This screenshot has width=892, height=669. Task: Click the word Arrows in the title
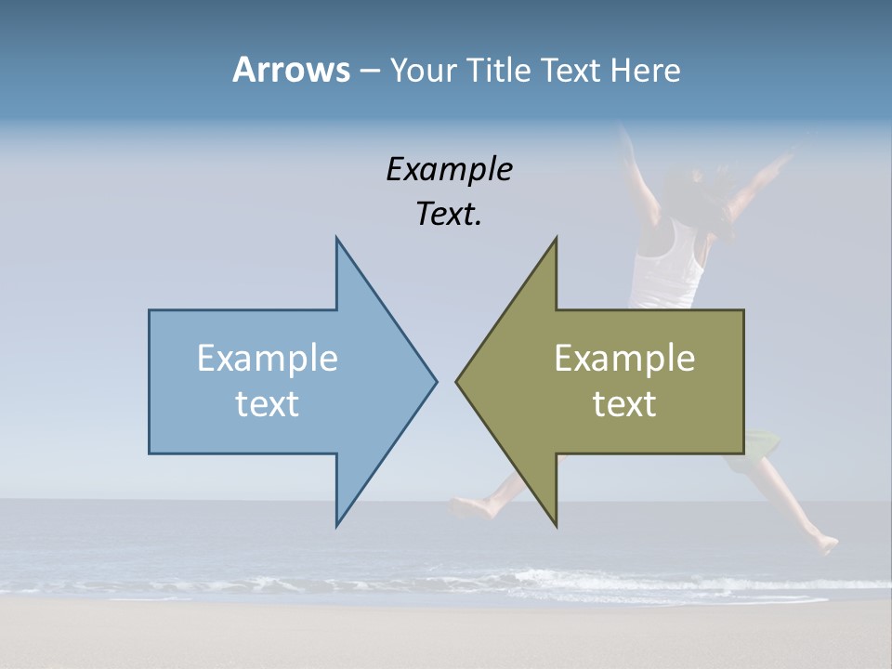[291, 70]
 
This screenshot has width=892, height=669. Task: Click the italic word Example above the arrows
[449, 169]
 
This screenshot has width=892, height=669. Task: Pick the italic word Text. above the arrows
[449, 215]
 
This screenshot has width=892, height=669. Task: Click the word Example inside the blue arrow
[268, 358]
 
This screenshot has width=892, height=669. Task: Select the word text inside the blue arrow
[268, 403]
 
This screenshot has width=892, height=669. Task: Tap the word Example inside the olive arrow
[624, 358]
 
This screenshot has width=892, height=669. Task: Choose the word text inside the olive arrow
[624, 403]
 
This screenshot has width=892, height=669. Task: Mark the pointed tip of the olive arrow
[457, 381]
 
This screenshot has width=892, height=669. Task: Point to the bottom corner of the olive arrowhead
[556, 525]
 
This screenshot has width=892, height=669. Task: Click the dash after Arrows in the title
[369, 71]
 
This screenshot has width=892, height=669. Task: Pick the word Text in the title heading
[572, 70]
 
